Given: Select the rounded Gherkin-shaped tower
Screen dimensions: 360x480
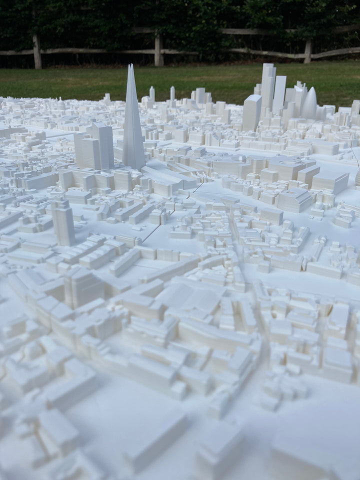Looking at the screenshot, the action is [x=309, y=104].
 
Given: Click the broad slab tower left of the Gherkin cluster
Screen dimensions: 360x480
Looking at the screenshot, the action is [x=251, y=113].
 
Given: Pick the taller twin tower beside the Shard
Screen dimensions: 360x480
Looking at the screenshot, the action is [x=103, y=145].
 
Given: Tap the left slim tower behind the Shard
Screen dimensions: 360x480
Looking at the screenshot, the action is [x=152, y=93].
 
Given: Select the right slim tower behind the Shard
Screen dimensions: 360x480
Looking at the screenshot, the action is [x=172, y=93].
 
